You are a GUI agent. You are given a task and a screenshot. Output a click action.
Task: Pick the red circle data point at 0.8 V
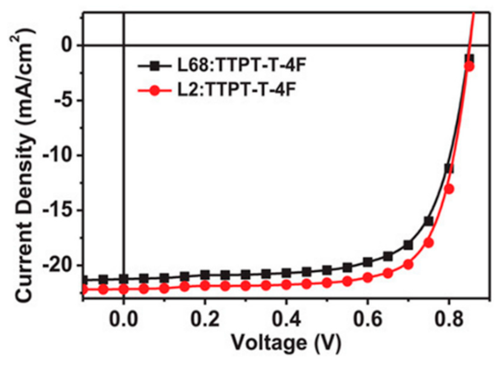tap(449, 189)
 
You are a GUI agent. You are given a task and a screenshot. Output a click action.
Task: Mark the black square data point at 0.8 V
tap(449, 168)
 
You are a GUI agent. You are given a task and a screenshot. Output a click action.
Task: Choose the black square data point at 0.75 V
tap(429, 221)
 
